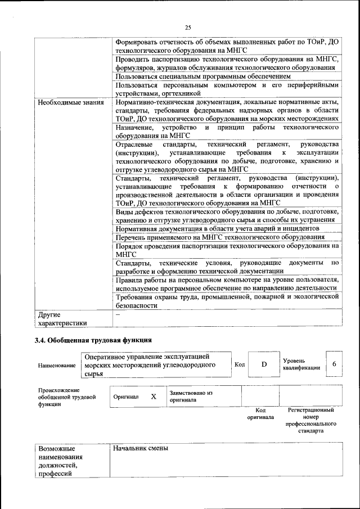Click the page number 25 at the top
(188, 28)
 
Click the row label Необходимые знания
(71, 103)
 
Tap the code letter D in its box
(264, 364)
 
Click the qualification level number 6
(334, 364)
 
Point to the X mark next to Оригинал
(153, 396)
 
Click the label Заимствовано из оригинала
(191, 397)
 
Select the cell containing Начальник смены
(141, 449)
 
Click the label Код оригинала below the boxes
(260, 413)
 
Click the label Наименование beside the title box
(57, 366)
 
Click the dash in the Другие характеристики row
(118, 315)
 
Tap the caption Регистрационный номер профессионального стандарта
(310, 421)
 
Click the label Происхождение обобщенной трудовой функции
(59, 397)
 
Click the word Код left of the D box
(239, 364)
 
